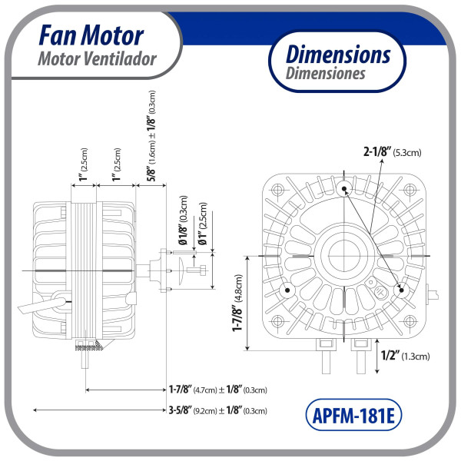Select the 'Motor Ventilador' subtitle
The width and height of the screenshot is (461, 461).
click(x=97, y=58)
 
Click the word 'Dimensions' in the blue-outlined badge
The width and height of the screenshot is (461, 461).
click(x=338, y=55)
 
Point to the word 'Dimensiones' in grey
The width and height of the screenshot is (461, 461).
click(x=326, y=75)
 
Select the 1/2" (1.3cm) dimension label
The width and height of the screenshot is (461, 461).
click(x=404, y=355)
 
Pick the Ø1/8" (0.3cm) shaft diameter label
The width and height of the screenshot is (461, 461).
click(x=184, y=223)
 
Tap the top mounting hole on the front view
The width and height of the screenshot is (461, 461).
click(x=343, y=187)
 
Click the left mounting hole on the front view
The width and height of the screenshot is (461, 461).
click(x=287, y=290)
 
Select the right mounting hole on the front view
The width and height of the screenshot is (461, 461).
click(x=402, y=289)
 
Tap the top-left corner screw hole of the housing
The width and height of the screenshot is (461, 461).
click(x=277, y=188)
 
